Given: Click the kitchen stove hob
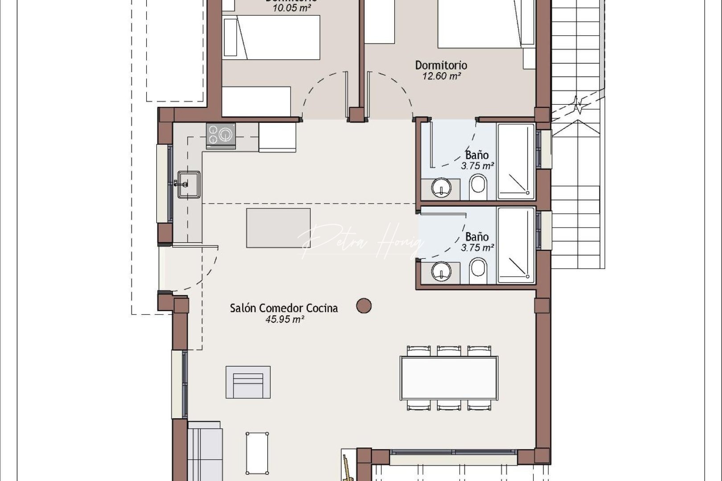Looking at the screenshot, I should [x=221, y=135].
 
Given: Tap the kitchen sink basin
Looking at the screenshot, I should [x=189, y=184].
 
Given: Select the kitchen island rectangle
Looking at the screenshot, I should [x=278, y=228].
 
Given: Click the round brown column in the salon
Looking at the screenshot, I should [x=364, y=306].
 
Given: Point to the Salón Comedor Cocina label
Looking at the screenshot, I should [x=283, y=308].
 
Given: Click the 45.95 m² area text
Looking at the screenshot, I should [x=284, y=319].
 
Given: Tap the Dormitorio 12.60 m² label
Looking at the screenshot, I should [x=441, y=70].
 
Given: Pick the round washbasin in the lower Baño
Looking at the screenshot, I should [x=441, y=271].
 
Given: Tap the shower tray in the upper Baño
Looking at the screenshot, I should [x=516, y=161].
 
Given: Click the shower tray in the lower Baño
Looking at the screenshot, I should [x=516, y=245].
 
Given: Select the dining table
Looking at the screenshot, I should [x=448, y=378].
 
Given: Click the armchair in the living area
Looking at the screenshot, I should [x=248, y=382].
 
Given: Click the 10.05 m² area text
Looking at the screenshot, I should [x=291, y=8].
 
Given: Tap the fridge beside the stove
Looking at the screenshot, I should [x=277, y=137].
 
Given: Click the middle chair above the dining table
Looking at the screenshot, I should [x=449, y=351].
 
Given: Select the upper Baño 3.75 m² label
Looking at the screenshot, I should [x=477, y=160].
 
